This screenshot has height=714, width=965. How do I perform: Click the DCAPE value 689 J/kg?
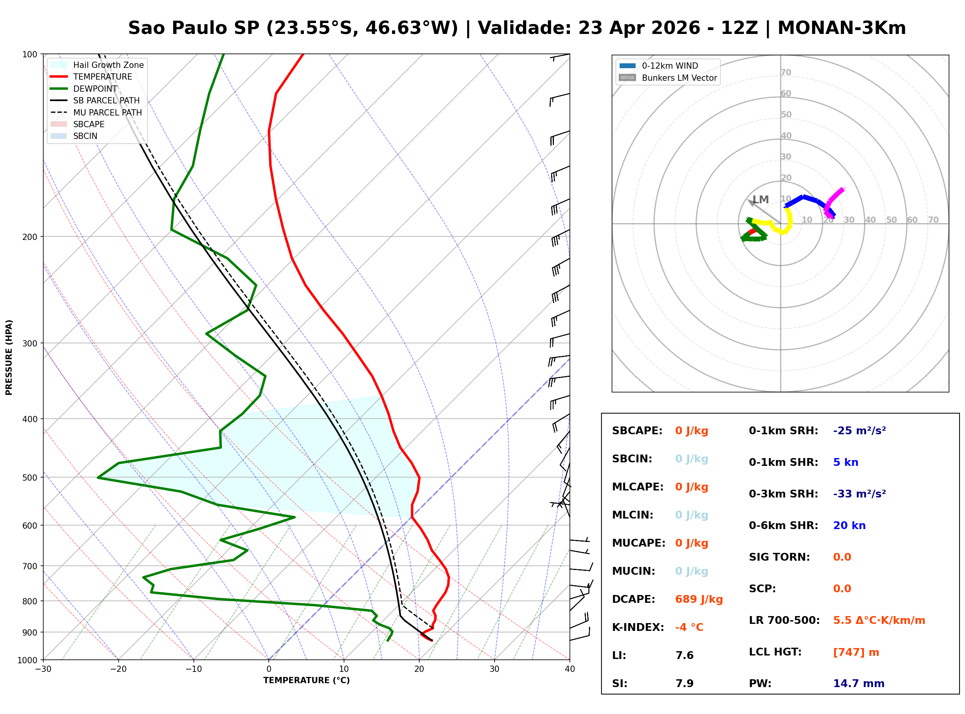[699, 599]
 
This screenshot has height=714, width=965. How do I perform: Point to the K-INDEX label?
[638, 627]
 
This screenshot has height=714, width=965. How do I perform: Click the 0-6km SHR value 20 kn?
[849, 525]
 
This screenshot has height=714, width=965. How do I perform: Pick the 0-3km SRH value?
[859, 494]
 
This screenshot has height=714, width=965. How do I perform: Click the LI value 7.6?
[684, 655]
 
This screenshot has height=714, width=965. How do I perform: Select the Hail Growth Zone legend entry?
[108, 65]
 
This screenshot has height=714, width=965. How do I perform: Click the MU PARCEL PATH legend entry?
[107, 112]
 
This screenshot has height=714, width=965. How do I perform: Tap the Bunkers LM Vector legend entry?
[679, 78]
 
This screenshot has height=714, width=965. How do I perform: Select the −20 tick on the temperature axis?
[118, 669]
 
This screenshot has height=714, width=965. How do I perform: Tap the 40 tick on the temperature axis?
[569, 669]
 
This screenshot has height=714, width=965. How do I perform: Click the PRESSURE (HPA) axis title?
[9, 357]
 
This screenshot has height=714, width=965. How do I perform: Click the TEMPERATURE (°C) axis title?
[306, 680]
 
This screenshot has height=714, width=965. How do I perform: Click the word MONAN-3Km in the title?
[841, 28]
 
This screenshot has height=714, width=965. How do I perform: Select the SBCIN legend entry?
[85, 136]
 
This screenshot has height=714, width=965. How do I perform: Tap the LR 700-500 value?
[879, 620]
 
